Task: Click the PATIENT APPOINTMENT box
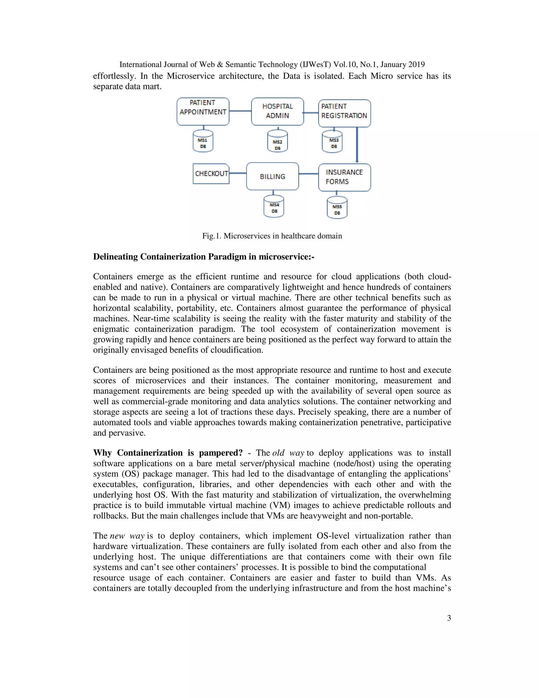[x=203, y=111]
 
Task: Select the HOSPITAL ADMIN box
[x=277, y=111]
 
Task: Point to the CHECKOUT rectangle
[x=211, y=174]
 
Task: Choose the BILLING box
[x=272, y=176]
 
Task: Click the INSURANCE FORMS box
[x=344, y=177]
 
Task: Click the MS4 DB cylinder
[x=274, y=206]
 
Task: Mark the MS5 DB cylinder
[x=337, y=208]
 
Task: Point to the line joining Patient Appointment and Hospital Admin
[x=240, y=111]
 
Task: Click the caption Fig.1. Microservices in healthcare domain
[x=272, y=236]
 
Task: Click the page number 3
[x=449, y=618]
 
